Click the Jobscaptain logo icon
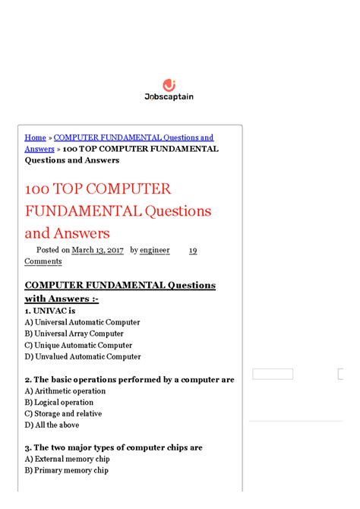point(169,85)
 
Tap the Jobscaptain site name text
point(169,97)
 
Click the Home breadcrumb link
point(35,138)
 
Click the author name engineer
point(156,250)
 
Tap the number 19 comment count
point(193,250)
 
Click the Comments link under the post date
point(43,261)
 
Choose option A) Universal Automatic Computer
point(82,322)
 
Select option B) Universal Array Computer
point(74,334)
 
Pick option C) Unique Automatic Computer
point(78,345)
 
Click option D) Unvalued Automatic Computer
point(82,356)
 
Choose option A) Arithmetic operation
point(65,391)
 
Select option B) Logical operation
point(58,403)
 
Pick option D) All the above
point(52,425)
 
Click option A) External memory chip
point(67,459)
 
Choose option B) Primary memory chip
point(66,470)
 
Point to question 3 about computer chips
point(113,447)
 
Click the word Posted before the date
point(48,250)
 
